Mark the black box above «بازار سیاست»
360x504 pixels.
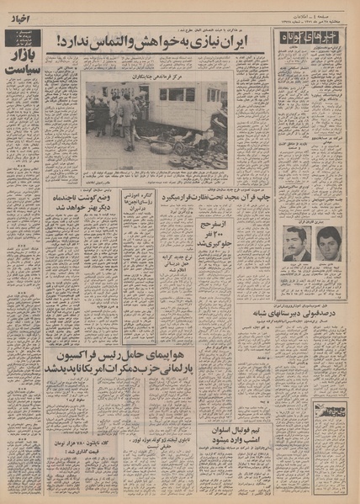tap(25, 40)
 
